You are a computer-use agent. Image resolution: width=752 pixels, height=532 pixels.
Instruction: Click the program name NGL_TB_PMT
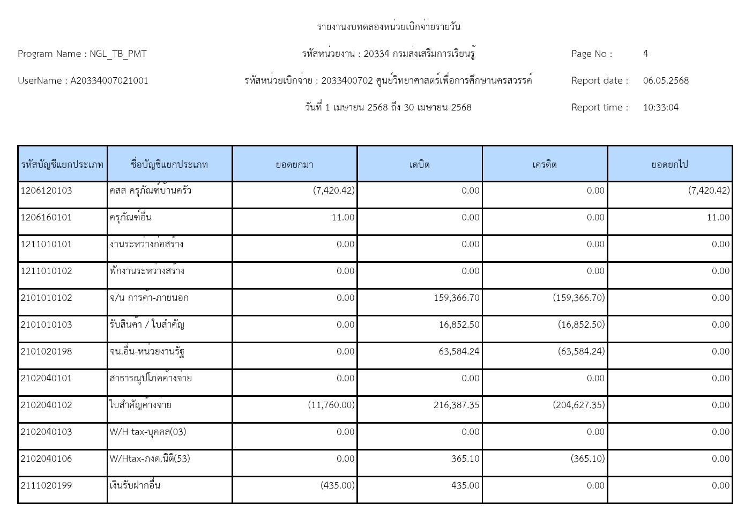tap(118, 54)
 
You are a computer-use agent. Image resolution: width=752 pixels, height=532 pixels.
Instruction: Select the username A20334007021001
tap(109, 80)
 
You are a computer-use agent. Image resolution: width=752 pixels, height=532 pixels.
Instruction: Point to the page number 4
tap(645, 54)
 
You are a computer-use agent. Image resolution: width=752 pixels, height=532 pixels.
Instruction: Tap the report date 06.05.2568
tap(666, 80)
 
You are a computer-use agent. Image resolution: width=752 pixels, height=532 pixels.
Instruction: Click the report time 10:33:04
tap(660, 107)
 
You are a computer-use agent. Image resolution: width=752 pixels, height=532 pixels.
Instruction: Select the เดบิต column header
tap(420, 165)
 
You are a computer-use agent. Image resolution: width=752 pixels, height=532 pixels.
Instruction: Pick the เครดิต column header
tap(545, 165)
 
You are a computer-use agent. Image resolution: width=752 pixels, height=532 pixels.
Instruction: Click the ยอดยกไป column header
tap(669, 165)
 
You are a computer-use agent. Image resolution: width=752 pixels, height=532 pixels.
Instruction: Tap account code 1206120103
tap(46, 190)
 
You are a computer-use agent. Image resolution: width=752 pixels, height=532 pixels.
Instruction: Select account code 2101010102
tap(46, 298)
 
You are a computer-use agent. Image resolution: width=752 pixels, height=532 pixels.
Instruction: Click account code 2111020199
tap(46, 485)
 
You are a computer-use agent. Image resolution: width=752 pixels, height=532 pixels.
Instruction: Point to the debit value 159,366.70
tap(457, 298)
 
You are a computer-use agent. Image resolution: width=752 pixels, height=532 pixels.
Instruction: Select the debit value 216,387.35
tap(457, 405)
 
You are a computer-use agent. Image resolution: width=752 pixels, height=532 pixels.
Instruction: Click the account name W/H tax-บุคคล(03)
tap(148, 432)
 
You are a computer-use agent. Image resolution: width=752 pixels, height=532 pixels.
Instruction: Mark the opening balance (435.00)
tap(338, 485)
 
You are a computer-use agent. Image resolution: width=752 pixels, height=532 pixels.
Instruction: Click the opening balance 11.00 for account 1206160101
tap(343, 217)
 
